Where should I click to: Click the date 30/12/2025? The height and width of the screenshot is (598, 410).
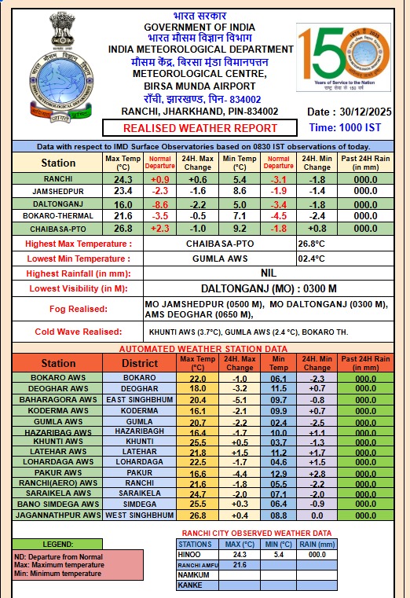(359, 112)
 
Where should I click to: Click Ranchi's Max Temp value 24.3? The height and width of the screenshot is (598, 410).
(123, 179)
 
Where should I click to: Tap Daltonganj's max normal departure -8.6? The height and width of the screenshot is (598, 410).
(160, 204)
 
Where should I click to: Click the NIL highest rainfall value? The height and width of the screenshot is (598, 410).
(268, 273)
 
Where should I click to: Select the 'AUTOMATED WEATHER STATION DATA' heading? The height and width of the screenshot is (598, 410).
(203, 348)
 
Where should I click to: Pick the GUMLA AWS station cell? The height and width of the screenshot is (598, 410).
(53, 422)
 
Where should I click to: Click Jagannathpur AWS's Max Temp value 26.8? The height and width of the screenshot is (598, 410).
(198, 515)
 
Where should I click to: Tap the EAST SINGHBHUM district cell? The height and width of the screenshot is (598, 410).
(138, 400)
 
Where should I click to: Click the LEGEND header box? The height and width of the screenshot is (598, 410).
(57, 543)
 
